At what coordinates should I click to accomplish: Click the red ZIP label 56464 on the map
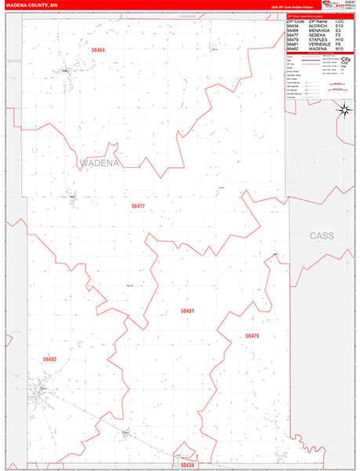point(98,49)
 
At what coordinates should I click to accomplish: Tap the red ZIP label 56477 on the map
point(138,206)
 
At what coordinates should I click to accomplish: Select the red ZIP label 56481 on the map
point(187,311)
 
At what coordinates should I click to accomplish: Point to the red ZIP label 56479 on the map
point(252,336)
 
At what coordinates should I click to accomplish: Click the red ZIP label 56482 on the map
point(49,359)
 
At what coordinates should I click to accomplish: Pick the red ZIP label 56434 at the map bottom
point(187,465)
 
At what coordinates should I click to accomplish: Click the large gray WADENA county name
point(99,163)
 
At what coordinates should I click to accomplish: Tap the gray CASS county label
point(322,235)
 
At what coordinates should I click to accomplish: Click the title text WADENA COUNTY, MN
point(31,5)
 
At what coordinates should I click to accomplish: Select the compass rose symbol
point(343,110)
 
